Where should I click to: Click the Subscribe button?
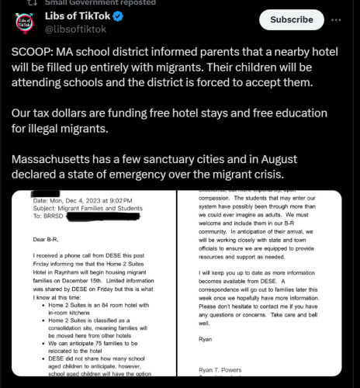point(292,19)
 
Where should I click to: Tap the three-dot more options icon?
point(335,19)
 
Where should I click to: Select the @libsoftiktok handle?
point(78,29)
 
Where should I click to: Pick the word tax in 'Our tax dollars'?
point(47,113)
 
